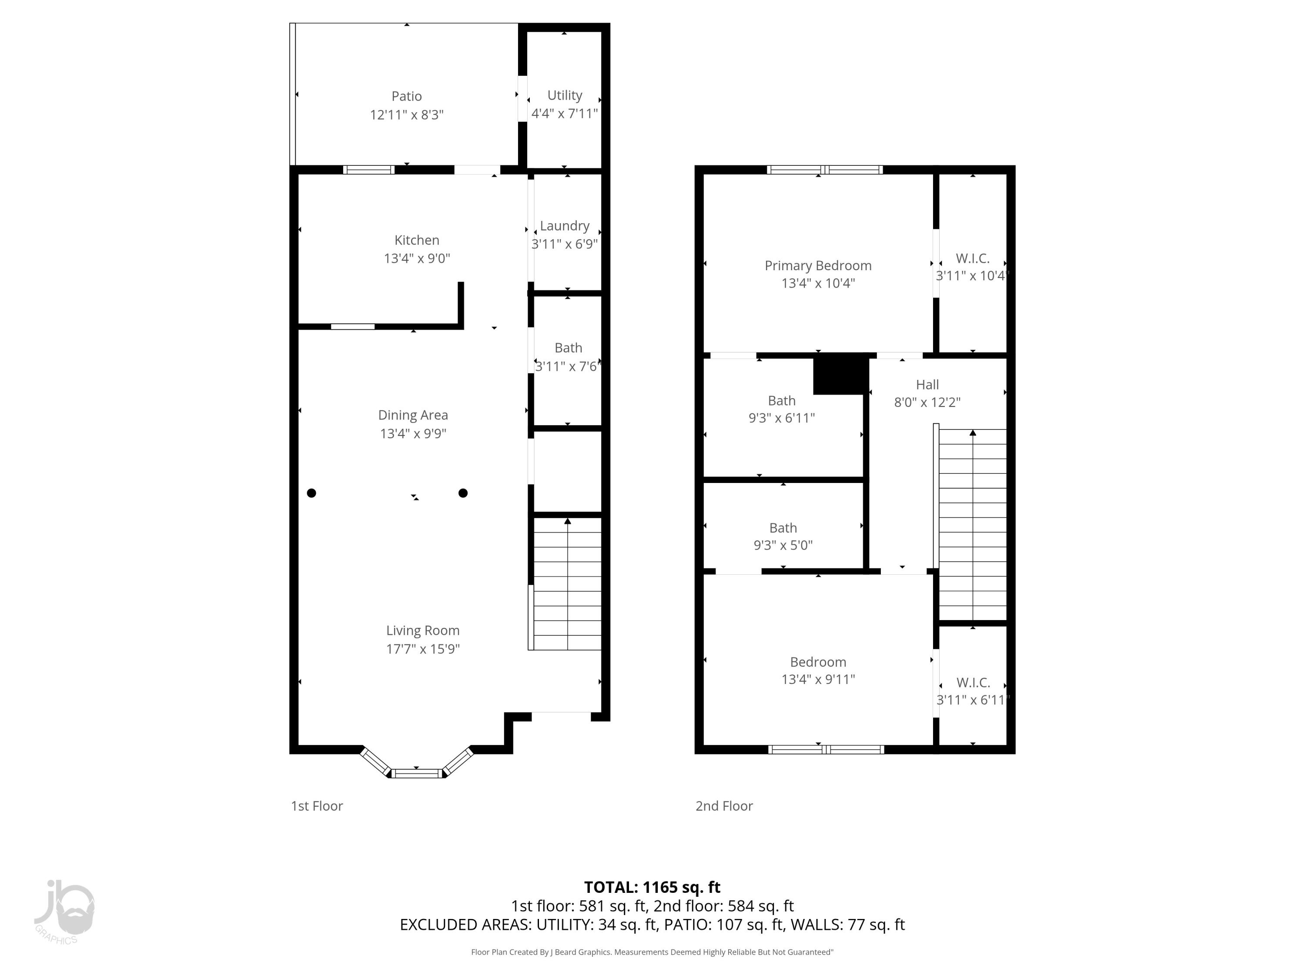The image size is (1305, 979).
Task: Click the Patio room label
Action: click(x=406, y=96)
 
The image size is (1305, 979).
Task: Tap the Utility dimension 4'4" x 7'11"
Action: click(x=565, y=113)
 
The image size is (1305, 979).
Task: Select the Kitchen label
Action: click(x=417, y=240)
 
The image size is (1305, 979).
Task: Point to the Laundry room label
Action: click(x=565, y=225)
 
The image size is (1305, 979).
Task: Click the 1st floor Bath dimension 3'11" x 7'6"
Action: click(x=567, y=366)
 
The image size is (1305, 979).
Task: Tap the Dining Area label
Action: click(x=413, y=416)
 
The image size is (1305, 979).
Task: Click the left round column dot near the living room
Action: click(x=311, y=493)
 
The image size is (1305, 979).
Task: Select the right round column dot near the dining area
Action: click(x=463, y=493)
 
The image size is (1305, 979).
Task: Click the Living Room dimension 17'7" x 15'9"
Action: click(x=422, y=649)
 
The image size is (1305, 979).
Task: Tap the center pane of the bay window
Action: click(x=417, y=773)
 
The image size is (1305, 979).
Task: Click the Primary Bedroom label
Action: click(x=818, y=265)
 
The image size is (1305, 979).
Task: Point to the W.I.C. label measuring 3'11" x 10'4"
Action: click(x=972, y=258)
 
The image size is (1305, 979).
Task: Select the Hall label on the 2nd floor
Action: click(x=927, y=385)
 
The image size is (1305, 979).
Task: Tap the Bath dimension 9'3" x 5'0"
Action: click(x=783, y=545)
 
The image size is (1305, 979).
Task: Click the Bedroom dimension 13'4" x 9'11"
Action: click(x=818, y=679)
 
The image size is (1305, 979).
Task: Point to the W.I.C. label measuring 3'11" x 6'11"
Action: click(x=973, y=683)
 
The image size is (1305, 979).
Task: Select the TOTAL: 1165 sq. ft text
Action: click(x=652, y=888)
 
